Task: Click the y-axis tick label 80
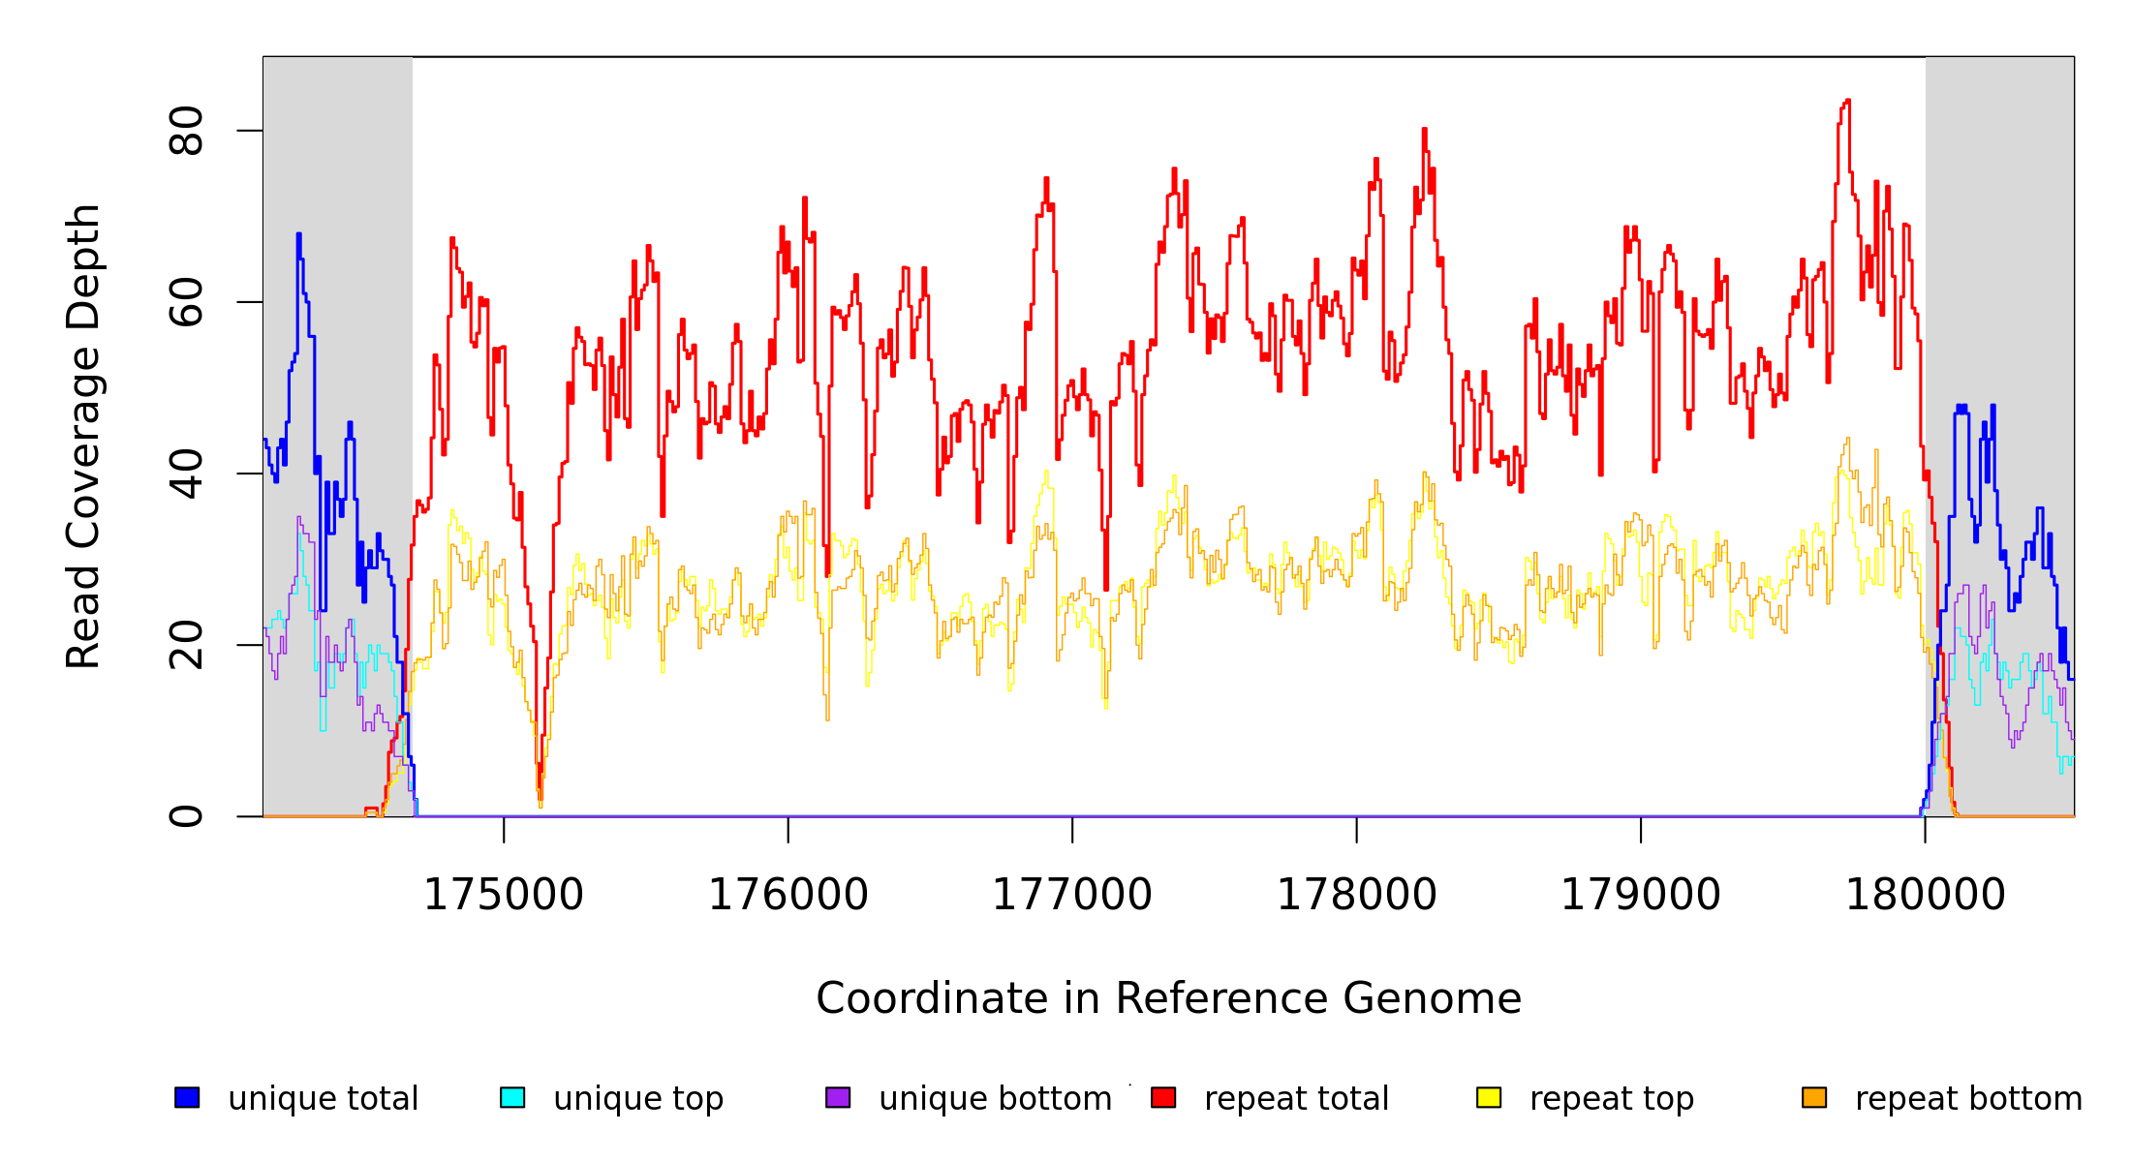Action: (x=186, y=131)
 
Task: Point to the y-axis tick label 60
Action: (x=186, y=302)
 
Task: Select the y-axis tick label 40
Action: (x=186, y=474)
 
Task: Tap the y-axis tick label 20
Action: (x=186, y=645)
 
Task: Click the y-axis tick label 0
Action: (x=186, y=816)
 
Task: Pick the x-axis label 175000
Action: (x=504, y=895)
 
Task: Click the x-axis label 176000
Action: (x=788, y=895)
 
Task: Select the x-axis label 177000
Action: (x=1072, y=895)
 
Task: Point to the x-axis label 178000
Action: (x=1357, y=895)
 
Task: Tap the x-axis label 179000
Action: (x=1641, y=895)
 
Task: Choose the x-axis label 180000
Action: (x=1926, y=895)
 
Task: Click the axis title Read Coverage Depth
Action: (x=83, y=436)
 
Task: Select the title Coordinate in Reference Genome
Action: (x=1168, y=998)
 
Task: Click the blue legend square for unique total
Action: (x=187, y=1097)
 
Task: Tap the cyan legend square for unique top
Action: (x=512, y=1097)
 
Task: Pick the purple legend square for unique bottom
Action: (x=838, y=1097)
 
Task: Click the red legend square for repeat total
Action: (x=1163, y=1097)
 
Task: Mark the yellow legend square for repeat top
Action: (x=1489, y=1097)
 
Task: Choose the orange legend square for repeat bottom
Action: (x=1814, y=1097)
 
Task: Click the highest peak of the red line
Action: (x=1848, y=101)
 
